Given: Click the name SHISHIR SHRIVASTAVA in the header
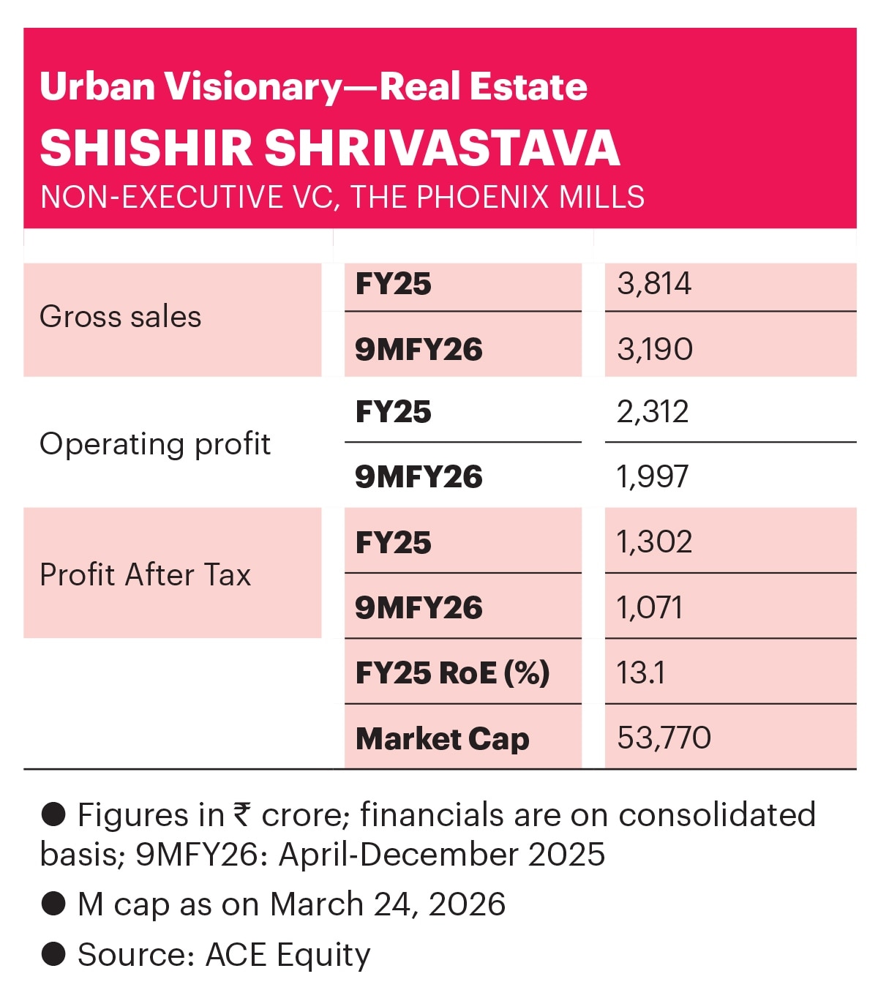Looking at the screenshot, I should [330, 148].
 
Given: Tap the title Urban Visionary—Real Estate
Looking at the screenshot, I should [313, 86].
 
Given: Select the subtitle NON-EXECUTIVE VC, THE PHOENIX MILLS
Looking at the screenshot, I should [342, 197].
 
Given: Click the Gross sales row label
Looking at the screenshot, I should [121, 317].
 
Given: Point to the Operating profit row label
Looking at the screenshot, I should [155, 444].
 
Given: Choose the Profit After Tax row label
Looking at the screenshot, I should [145, 574].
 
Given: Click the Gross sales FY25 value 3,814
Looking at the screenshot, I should [654, 284].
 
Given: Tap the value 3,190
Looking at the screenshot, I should [655, 349].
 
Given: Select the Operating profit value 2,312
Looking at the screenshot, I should [653, 412].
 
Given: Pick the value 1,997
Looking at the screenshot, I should [653, 477].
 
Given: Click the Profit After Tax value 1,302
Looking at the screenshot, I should [654, 542].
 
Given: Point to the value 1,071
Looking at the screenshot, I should [650, 607].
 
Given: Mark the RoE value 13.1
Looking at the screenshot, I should [641, 672].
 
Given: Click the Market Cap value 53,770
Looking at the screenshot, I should [664, 738].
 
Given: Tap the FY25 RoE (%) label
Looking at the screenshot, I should [452, 673].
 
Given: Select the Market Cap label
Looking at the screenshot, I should [442, 738].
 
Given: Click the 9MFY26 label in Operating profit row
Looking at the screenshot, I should [419, 477].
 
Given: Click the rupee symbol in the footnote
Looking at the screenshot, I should [242, 814].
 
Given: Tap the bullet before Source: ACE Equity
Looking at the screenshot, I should [53, 954].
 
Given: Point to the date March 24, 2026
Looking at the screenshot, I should [387, 904].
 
